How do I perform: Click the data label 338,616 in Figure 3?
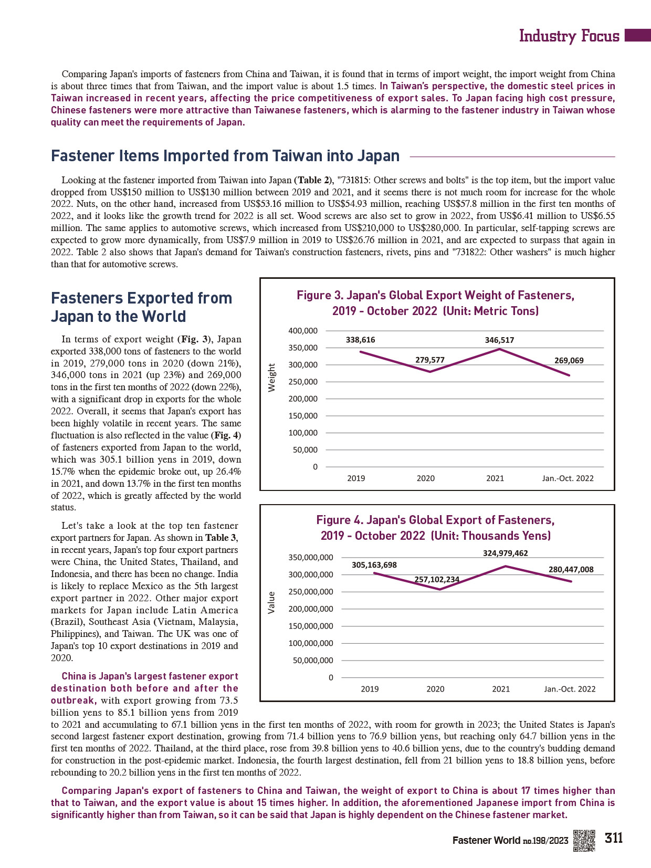[360, 340]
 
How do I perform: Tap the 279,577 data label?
[430, 360]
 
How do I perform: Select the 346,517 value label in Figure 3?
[499, 340]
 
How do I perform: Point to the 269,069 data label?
[569, 360]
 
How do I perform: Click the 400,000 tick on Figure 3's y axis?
[303, 331]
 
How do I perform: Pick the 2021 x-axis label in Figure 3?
[495, 478]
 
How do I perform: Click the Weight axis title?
[271, 378]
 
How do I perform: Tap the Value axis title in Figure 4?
[271, 602]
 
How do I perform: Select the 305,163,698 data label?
[374, 565]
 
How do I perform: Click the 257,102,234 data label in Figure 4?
[437, 579]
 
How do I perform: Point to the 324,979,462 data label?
[505, 553]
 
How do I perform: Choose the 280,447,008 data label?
[571, 569]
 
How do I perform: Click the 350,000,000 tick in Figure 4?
[311, 558]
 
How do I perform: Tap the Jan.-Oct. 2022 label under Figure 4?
[570, 689]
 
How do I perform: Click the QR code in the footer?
[584, 840]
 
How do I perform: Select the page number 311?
[614, 838]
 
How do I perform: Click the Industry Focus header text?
[569, 36]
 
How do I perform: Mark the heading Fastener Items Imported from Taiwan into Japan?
[225, 156]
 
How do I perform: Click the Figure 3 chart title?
[436, 303]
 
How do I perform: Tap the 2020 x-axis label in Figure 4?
[435, 689]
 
